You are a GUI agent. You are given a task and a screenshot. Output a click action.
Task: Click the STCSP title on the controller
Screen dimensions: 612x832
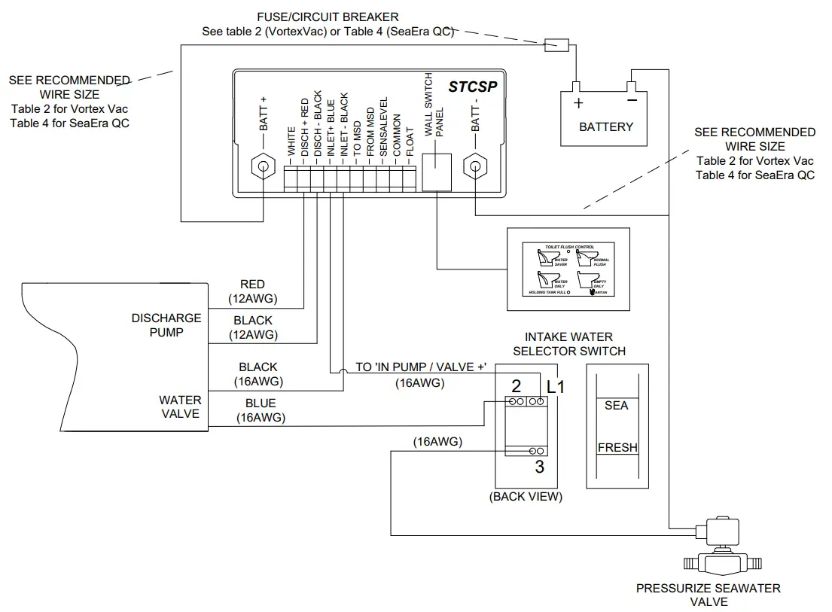point(473,87)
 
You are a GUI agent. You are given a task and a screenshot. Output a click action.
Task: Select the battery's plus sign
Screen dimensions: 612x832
point(578,103)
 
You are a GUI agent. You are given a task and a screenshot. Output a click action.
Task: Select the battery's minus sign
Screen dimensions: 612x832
point(632,100)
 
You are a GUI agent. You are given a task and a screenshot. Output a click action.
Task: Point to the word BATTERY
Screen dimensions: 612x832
point(606,126)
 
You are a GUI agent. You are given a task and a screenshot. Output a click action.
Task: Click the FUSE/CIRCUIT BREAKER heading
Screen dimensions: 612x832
point(328,17)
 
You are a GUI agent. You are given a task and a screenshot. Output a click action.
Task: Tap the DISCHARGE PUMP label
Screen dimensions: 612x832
point(166,325)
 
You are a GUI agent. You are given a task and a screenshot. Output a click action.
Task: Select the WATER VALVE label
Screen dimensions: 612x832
point(179,406)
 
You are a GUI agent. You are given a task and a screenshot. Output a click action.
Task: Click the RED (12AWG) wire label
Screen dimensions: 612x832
point(252,291)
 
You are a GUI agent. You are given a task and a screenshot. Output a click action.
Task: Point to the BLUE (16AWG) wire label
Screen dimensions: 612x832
point(260,410)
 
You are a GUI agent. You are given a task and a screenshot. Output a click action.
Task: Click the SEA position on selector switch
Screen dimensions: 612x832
point(617,405)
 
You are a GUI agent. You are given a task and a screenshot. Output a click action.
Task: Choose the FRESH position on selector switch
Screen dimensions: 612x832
point(617,447)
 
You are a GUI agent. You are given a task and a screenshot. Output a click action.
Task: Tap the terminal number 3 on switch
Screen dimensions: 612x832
point(539,467)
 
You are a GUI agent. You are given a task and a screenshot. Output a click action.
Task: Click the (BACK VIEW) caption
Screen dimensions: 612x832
point(526,497)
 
